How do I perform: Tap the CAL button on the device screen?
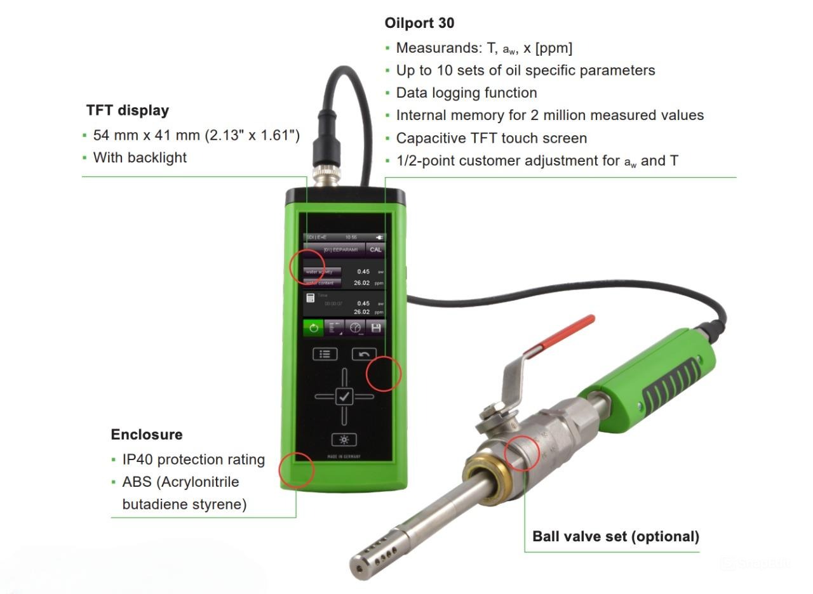(x=375, y=249)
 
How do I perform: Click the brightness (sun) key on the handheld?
(x=344, y=439)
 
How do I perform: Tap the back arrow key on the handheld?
(x=364, y=354)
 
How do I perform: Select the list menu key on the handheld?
(x=325, y=354)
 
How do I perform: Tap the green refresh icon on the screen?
(x=313, y=328)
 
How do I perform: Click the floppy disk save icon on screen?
(x=375, y=328)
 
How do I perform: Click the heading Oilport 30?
(x=419, y=23)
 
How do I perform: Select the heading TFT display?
(x=128, y=110)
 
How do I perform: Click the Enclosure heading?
(x=147, y=435)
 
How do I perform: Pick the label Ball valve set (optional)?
(x=615, y=536)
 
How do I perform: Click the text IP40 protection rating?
(x=193, y=459)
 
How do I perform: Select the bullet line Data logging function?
(x=466, y=93)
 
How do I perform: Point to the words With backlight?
(x=140, y=157)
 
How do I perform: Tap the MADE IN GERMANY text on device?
(x=344, y=457)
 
